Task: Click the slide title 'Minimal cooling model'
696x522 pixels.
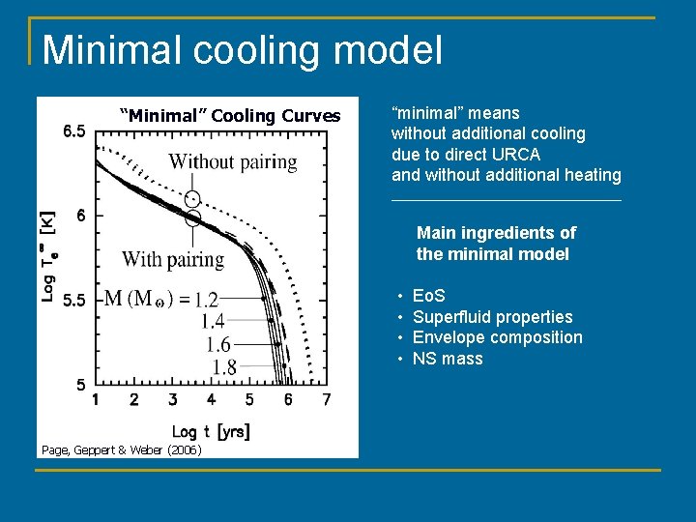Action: pos(242,49)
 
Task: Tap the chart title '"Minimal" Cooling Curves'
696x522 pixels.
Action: pos(229,116)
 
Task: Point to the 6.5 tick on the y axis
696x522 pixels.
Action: pos(73,131)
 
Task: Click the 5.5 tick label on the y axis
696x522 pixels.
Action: pos(73,301)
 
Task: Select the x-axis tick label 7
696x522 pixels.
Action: pos(326,400)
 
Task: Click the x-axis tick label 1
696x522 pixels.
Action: pos(95,400)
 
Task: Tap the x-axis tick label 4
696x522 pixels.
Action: pos(211,400)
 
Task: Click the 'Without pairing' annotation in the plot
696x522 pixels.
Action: pos(233,161)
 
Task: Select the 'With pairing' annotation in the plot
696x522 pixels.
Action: pos(173,259)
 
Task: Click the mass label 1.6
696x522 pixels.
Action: pos(218,344)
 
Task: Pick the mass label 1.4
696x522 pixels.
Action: pos(213,322)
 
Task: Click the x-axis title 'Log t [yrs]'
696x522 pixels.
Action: pos(211,431)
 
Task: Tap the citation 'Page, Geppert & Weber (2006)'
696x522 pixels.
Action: pos(121,449)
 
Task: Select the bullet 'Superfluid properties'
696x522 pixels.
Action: pos(492,317)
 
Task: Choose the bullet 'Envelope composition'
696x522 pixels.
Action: pos(497,337)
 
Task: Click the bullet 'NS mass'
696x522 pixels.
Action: pos(448,359)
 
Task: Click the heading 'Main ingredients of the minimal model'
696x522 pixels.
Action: pos(496,244)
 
